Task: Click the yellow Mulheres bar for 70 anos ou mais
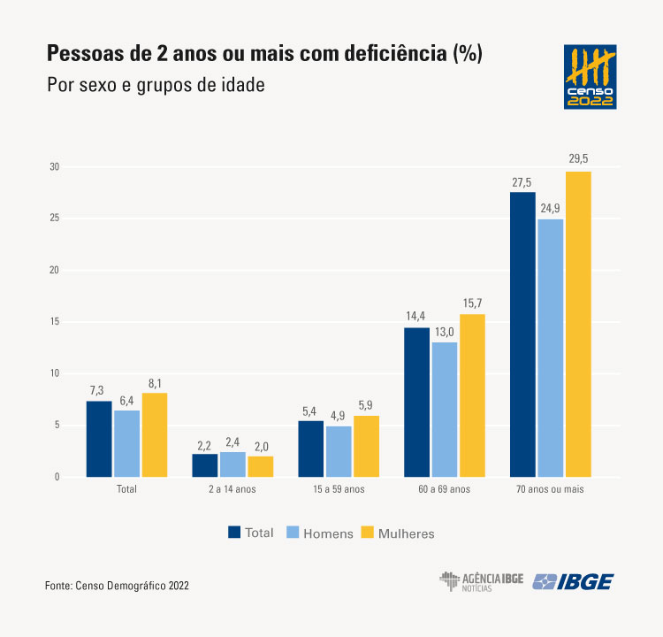pos(578,324)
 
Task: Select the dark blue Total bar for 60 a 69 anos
pos(417,403)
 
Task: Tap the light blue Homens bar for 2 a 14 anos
pos(232,464)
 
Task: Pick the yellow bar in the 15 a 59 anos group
pos(366,447)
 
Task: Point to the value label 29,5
pos(578,159)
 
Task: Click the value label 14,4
pos(416,316)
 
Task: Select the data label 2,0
pos(260,444)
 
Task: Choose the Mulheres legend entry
pos(397,533)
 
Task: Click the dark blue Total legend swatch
pos(234,533)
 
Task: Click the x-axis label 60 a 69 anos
pos(444,489)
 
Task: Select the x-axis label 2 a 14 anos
pos(232,489)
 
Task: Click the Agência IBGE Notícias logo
pos(481,581)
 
